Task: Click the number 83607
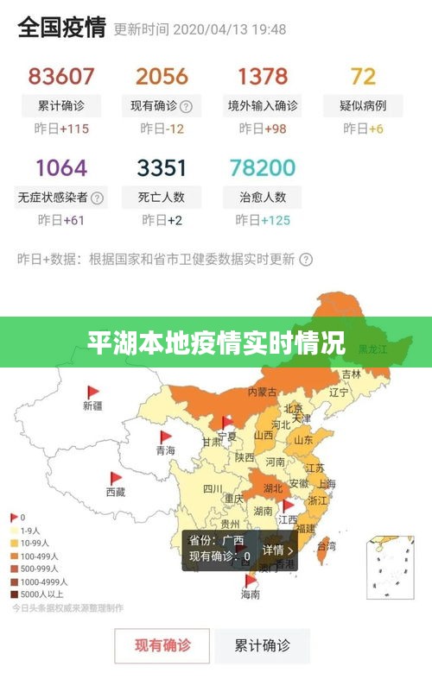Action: [x=60, y=76]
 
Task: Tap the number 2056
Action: [x=162, y=76]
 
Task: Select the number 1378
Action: [x=262, y=76]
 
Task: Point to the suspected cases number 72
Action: [x=363, y=76]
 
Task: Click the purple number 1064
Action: [x=60, y=167]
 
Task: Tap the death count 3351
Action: [x=162, y=167]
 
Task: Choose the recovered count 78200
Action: [x=262, y=167]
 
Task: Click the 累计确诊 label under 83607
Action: [x=60, y=106]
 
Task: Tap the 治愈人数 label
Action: [x=262, y=197]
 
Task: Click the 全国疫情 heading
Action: [x=61, y=28]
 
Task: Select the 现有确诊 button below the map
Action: [x=162, y=644]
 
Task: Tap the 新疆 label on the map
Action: [x=92, y=405]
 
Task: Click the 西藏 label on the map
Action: [x=115, y=492]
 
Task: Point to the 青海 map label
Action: [x=165, y=450]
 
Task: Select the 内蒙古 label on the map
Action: [x=263, y=391]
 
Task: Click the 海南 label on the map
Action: [x=250, y=595]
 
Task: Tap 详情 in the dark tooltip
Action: [x=277, y=550]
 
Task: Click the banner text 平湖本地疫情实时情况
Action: [x=216, y=342]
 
